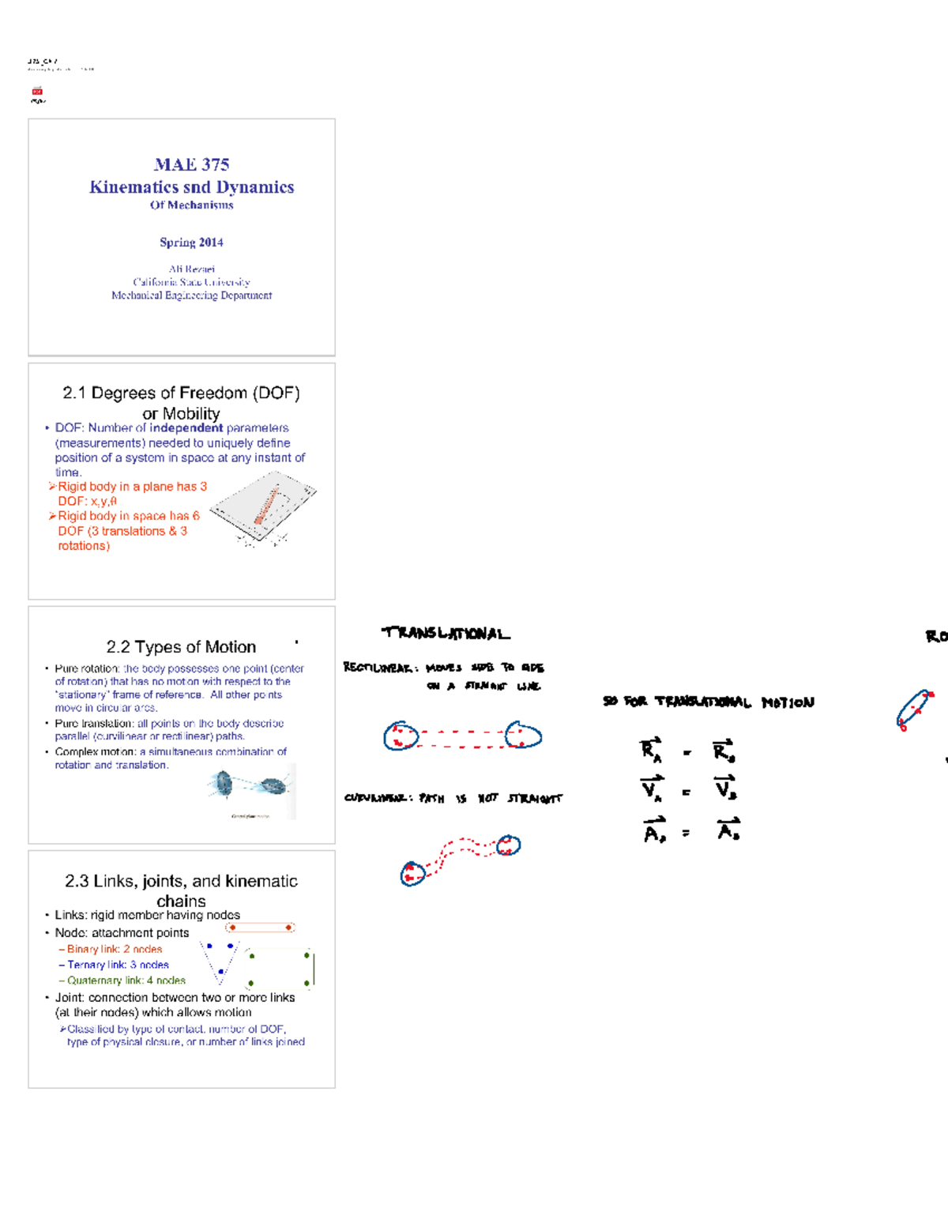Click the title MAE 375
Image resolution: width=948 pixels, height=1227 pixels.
pos(191,164)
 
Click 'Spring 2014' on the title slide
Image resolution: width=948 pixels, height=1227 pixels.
pos(191,243)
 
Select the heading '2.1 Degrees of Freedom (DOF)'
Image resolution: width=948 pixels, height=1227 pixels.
pos(181,393)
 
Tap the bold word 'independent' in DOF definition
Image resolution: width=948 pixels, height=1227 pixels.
pos(186,428)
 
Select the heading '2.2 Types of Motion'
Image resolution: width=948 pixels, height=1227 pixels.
pos(181,647)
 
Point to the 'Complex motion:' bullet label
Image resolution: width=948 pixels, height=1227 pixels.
pos(87,752)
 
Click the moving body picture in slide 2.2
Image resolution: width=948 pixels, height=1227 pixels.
pos(251,787)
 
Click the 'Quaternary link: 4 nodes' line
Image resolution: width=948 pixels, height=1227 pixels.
pos(126,980)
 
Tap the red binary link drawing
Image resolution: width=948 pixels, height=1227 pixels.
pos(260,928)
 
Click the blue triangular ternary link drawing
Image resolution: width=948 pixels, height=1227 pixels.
pos(219,959)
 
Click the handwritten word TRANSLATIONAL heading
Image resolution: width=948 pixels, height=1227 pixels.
pos(446,633)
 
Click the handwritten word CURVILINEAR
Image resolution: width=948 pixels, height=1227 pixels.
pos(377,798)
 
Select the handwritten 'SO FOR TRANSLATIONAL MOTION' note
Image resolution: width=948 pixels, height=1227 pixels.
pos(708,702)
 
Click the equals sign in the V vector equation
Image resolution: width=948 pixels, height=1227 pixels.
pos(686,792)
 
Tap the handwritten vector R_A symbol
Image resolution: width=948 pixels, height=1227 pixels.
pos(651,749)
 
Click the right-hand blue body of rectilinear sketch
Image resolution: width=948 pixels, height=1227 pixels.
pos(523,735)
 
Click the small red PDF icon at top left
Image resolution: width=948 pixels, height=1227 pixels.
pos(37,92)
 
